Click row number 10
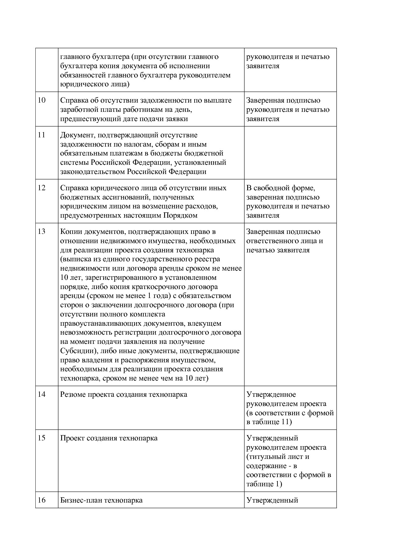pos(42,100)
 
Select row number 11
pos(42,135)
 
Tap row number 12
pos(42,188)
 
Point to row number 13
pos(42,232)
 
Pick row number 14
pos(42,395)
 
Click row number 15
pos(42,438)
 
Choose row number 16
pos(42,500)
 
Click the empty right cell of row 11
pos(290,153)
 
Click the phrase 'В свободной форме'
pos(280,188)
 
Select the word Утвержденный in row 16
pos(272,500)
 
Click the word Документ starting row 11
pos(75,135)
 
